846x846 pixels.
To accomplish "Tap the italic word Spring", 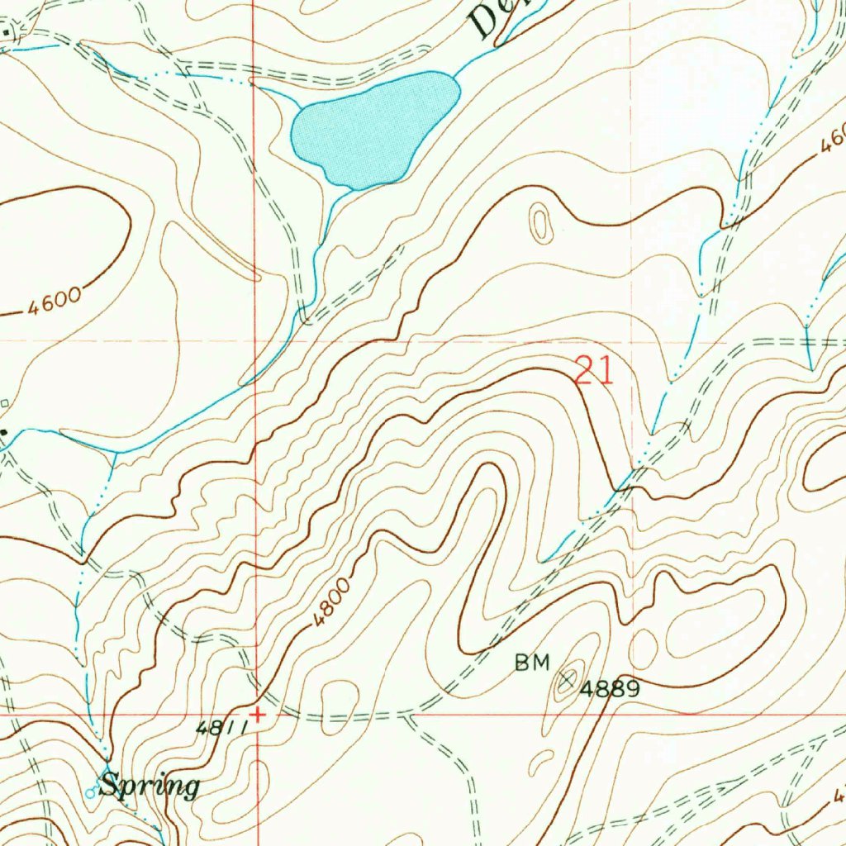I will tap(150, 786).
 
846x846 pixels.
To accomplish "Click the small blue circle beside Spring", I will tap(91, 793).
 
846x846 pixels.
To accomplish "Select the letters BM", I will tap(531, 662).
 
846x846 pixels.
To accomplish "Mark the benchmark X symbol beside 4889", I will tap(567, 680).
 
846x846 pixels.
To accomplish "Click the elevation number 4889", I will tap(609, 688).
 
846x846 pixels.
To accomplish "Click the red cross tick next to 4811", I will tap(258, 715).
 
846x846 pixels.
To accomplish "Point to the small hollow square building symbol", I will tap(5, 403).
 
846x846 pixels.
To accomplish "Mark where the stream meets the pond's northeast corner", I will tap(457, 77).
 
